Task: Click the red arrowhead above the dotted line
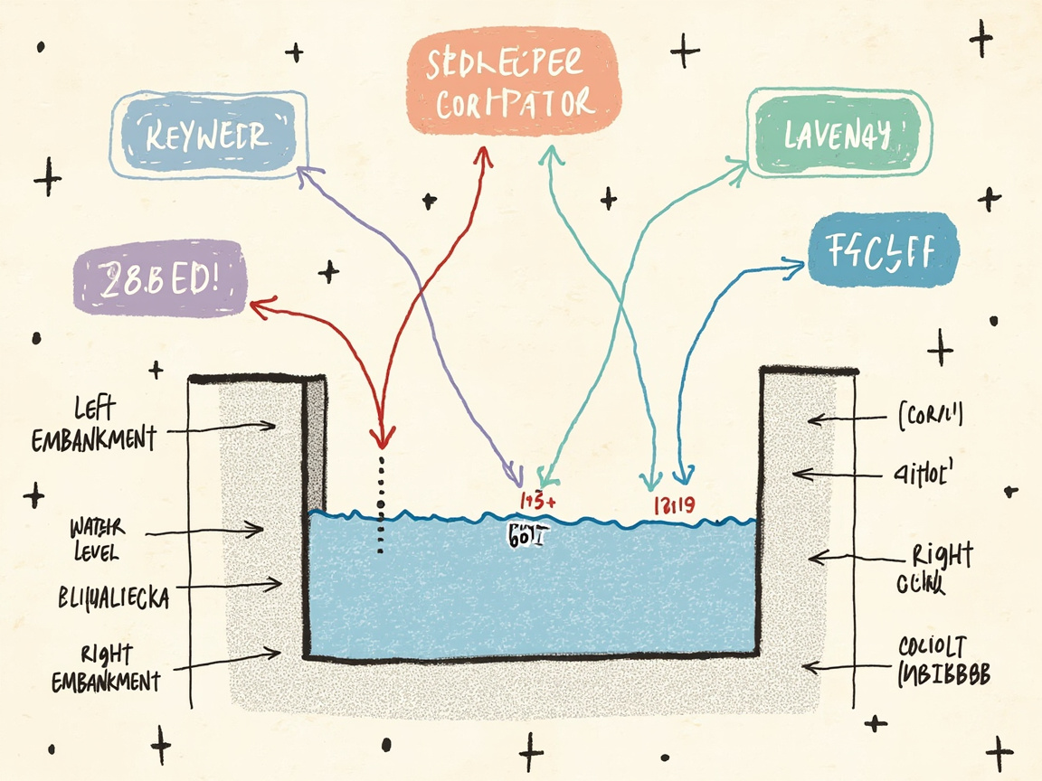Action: click(x=381, y=439)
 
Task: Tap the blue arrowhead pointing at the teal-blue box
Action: click(x=796, y=263)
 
